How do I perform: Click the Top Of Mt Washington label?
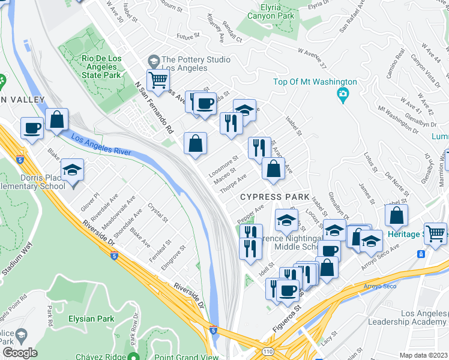[x=315, y=82]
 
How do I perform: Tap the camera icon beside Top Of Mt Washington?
[x=343, y=94]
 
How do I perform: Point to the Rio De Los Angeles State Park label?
[x=104, y=67]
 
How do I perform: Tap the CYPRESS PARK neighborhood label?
[x=275, y=197]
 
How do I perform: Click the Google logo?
[x=20, y=353]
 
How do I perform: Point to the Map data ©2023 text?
[x=423, y=355]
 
